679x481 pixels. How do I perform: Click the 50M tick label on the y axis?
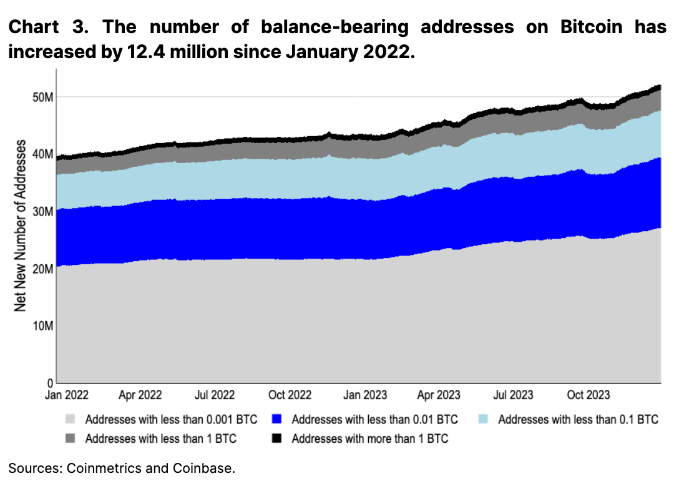pyautogui.click(x=42, y=97)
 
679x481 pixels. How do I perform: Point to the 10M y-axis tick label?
pyautogui.click(x=42, y=325)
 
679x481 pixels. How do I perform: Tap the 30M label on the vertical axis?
pyautogui.click(x=42, y=211)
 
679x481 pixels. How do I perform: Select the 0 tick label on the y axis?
pyautogui.click(x=49, y=382)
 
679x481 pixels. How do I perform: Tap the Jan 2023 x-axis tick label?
pyautogui.click(x=366, y=395)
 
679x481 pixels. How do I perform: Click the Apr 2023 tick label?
pyautogui.click(x=439, y=395)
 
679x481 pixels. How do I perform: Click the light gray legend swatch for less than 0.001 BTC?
pyautogui.click(x=71, y=419)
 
